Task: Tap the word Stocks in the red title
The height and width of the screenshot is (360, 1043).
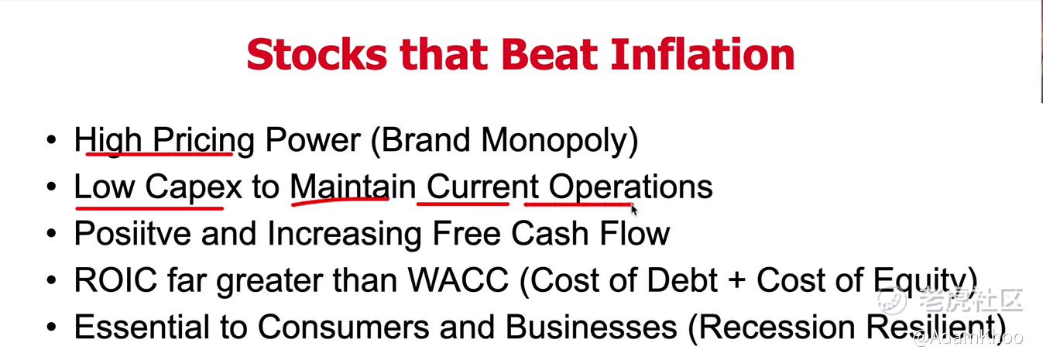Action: pyautogui.click(x=317, y=54)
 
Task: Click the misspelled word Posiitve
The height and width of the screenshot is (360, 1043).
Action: pyautogui.click(x=132, y=233)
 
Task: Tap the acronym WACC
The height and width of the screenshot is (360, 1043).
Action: pyautogui.click(x=458, y=280)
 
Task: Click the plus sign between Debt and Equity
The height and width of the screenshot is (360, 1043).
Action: pyautogui.click(x=736, y=281)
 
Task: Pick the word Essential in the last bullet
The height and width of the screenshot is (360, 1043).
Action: pyautogui.click(x=142, y=327)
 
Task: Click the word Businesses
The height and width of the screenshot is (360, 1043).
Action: pyautogui.click(x=591, y=327)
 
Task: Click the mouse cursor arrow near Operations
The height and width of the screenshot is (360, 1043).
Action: pyautogui.click(x=634, y=210)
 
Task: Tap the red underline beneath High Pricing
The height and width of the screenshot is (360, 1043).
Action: pyautogui.click(x=160, y=153)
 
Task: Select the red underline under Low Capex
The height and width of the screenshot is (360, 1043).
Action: pyautogui.click(x=149, y=207)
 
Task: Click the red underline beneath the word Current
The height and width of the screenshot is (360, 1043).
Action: pyautogui.click(x=463, y=204)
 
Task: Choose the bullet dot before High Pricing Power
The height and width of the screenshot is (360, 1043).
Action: pyautogui.click(x=51, y=139)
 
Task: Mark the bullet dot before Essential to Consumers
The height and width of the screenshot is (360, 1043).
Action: pyautogui.click(x=51, y=327)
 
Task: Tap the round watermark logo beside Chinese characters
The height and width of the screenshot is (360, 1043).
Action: pyautogui.click(x=892, y=301)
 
